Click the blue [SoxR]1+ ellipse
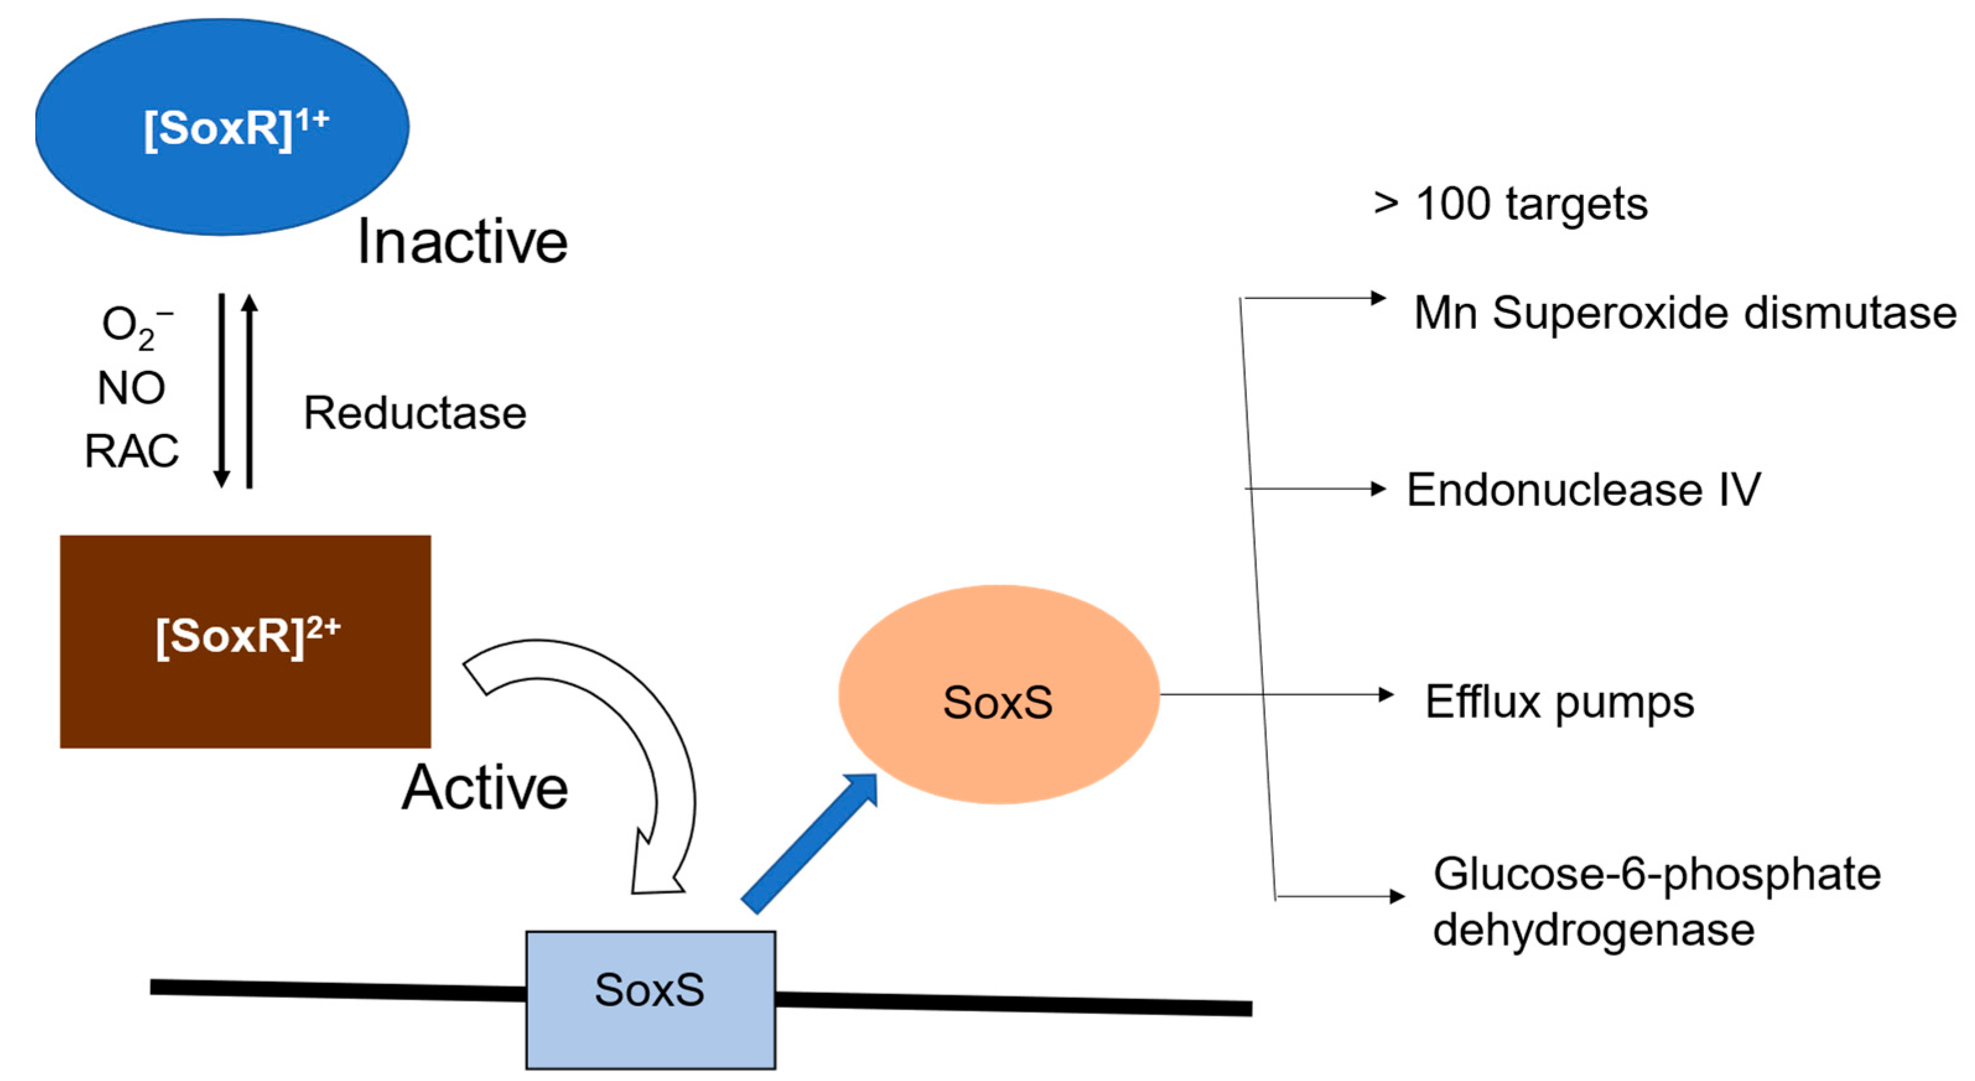point(222,126)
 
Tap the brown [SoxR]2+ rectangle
point(245,641)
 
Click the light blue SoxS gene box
point(650,1000)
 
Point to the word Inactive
point(463,241)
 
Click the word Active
point(485,788)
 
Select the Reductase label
point(415,413)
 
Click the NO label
point(131,388)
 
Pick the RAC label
point(131,451)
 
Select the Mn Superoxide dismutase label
point(1685,313)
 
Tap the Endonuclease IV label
point(1584,489)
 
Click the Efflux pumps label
point(1560,702)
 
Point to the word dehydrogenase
point(1594,930)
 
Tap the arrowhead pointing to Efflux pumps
point(1386,695)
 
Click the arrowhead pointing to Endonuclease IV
point(1379,488)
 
